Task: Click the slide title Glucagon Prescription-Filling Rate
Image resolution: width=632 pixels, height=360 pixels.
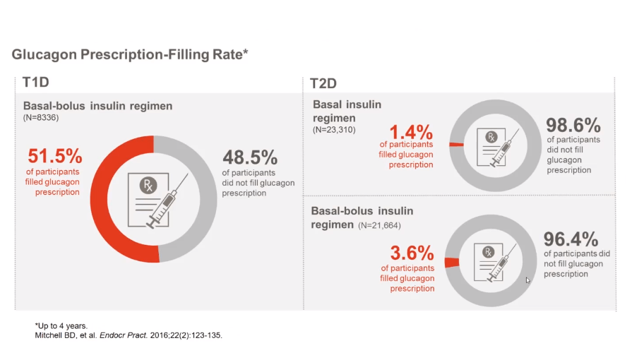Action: click(x=130, y=54)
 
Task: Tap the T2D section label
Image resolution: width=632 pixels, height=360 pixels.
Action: click(x=323, y=83)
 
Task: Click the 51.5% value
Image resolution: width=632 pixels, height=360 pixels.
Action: click(x=54, y=155)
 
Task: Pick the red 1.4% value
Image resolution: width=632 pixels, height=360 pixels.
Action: click(x=410, y=132)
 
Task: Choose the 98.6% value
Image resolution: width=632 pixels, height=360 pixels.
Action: click(x=573, y=126)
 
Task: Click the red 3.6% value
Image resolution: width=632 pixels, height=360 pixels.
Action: click(x=412, y=252)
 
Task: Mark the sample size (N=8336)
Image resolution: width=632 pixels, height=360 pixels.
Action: click(x=41, y=117)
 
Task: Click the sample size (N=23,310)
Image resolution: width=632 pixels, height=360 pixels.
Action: click(x=334, y=130)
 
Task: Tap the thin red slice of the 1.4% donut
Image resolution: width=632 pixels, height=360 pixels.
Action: click(x=457, y=144)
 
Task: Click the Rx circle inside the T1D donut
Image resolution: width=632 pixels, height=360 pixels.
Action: click(x=148, y=186)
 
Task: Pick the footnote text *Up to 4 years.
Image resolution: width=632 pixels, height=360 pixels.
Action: click(x=61, y=325)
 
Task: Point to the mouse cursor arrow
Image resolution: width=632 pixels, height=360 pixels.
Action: click(x=527, y=280)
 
